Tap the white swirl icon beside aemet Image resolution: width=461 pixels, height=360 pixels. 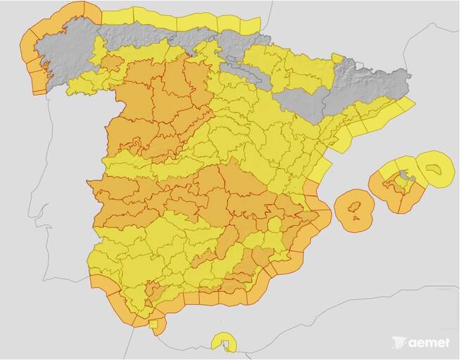(x=400, y=342)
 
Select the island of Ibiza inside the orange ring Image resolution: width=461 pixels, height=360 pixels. (x=355, y=207)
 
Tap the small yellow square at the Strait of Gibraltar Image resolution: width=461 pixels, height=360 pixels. (x=153, y=323)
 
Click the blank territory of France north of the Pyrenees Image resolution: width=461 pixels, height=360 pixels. (x=338, y=28)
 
